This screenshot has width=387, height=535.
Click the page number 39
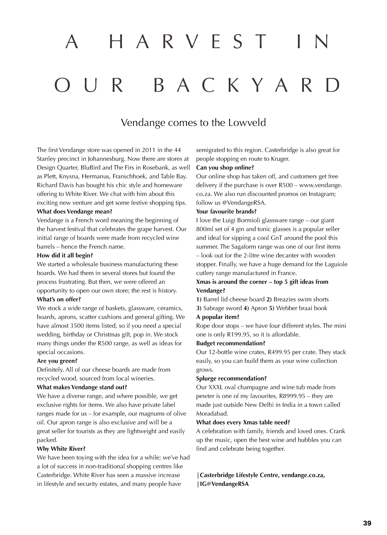pyautogui.click(x=367, y=523)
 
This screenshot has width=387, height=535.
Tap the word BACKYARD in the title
pyautogui.click(x=247, y=85)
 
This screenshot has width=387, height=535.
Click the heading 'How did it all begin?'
pyautogui.click(x=65, y=255)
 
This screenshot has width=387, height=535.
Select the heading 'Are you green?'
pyautogui.click(x=57, y=361)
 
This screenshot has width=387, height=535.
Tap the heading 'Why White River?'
pyautogui.click(x=61, y=449)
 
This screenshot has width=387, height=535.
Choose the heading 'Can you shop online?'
pyautogui.click(x=225, y=168)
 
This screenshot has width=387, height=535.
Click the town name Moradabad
pyautogui.click(x=212, y=414)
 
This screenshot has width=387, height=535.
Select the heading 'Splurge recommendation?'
pyautogui.click(x=231, y=378)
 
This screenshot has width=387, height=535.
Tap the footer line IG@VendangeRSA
pyautogui.click(x=224, y=484)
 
